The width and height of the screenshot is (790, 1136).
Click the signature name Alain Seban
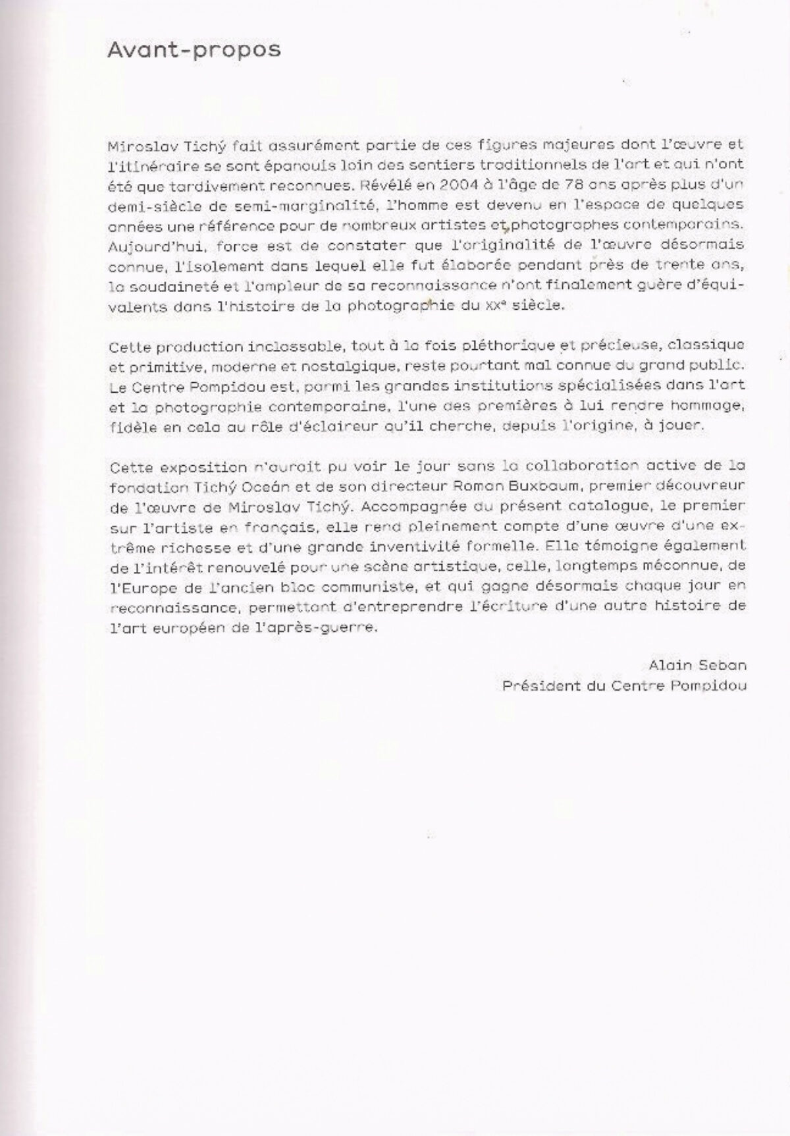click(697, 666)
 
